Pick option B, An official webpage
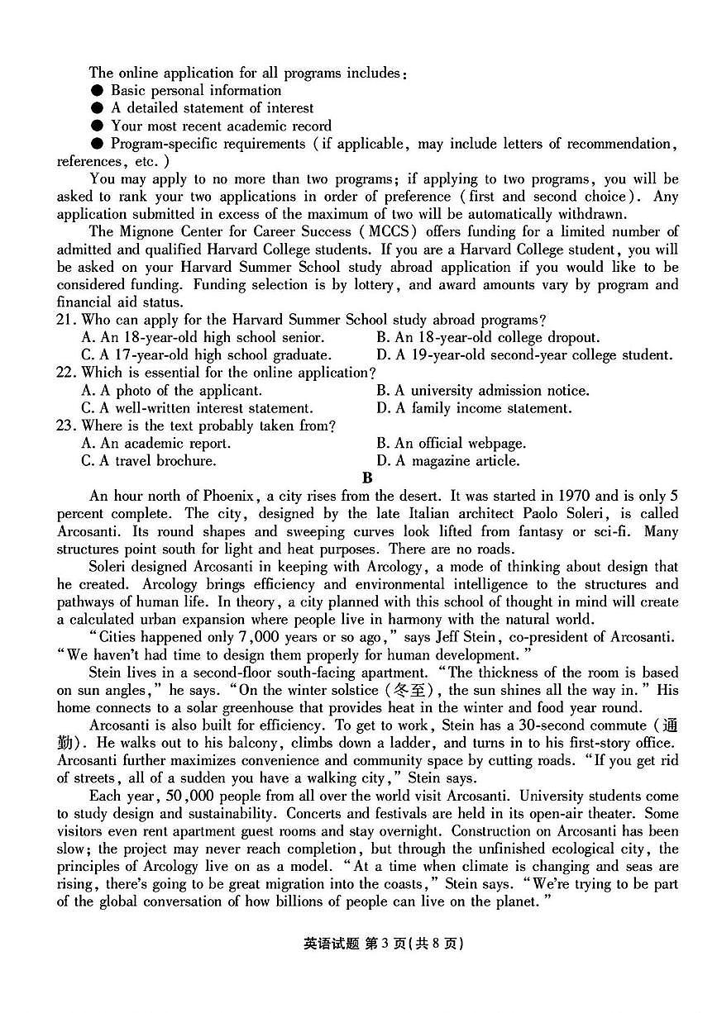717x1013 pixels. coord(451,444)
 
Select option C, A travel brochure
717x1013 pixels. coord(149,461)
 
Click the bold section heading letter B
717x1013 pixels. coord(367,478)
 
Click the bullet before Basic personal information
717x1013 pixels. coord(97,91)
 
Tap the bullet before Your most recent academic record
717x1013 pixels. coord(97,126)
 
